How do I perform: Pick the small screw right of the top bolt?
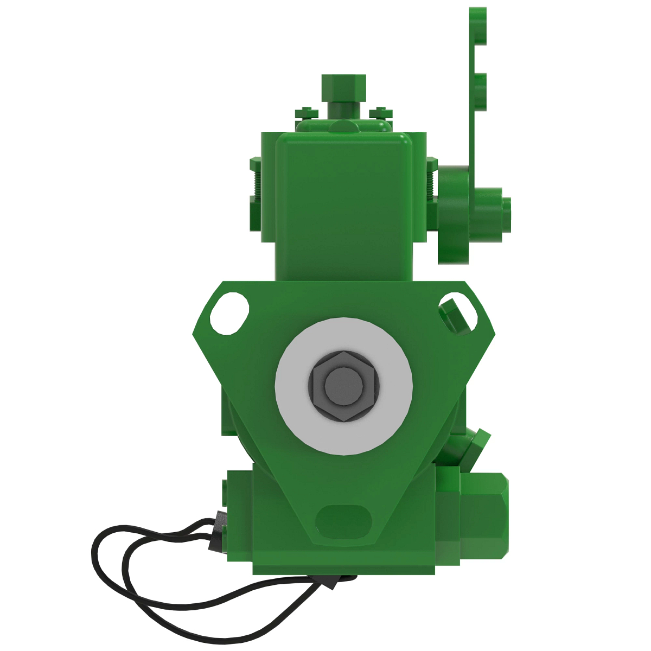point(380,112)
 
